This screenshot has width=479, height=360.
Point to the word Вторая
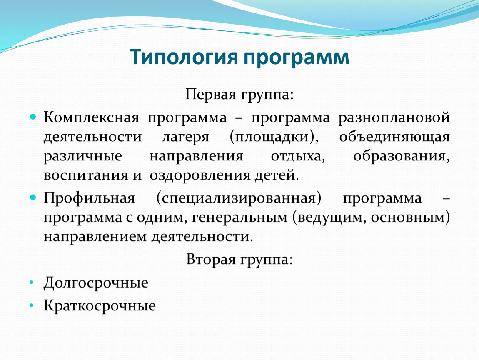[211, 260]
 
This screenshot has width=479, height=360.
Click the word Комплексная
[91, 117]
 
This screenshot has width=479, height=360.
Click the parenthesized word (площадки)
[274, 137]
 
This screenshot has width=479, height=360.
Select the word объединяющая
[394, 137]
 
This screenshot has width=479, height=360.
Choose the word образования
[402, 156]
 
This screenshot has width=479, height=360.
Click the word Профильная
[89, 198]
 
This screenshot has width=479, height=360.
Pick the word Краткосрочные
[100, 306]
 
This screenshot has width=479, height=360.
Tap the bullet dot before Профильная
[33, 197]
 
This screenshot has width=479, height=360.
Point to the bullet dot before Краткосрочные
[32, 305]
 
